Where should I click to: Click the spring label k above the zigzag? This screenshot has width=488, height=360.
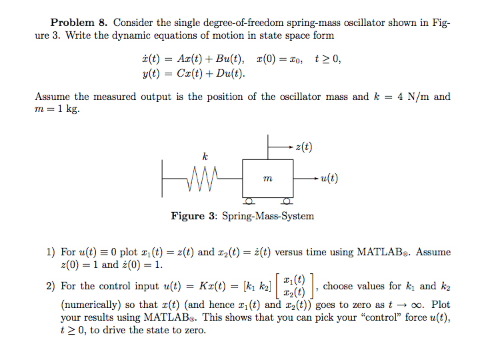pos(204,156)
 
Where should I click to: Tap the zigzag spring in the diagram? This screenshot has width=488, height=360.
pos(203,179)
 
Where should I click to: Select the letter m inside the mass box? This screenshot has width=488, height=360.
pos(267,179)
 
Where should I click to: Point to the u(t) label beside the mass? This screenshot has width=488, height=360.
pos(329,178)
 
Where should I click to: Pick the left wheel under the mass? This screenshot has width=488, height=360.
pos(249,200)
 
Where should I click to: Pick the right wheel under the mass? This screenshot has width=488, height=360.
pos(286,200)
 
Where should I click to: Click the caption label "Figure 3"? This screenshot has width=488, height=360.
pos(193,216)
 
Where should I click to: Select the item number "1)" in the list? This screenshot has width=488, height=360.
pos(51,252)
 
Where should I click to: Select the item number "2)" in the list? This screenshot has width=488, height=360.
pos(51,287)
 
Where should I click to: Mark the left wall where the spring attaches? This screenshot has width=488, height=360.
pos(163,179)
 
